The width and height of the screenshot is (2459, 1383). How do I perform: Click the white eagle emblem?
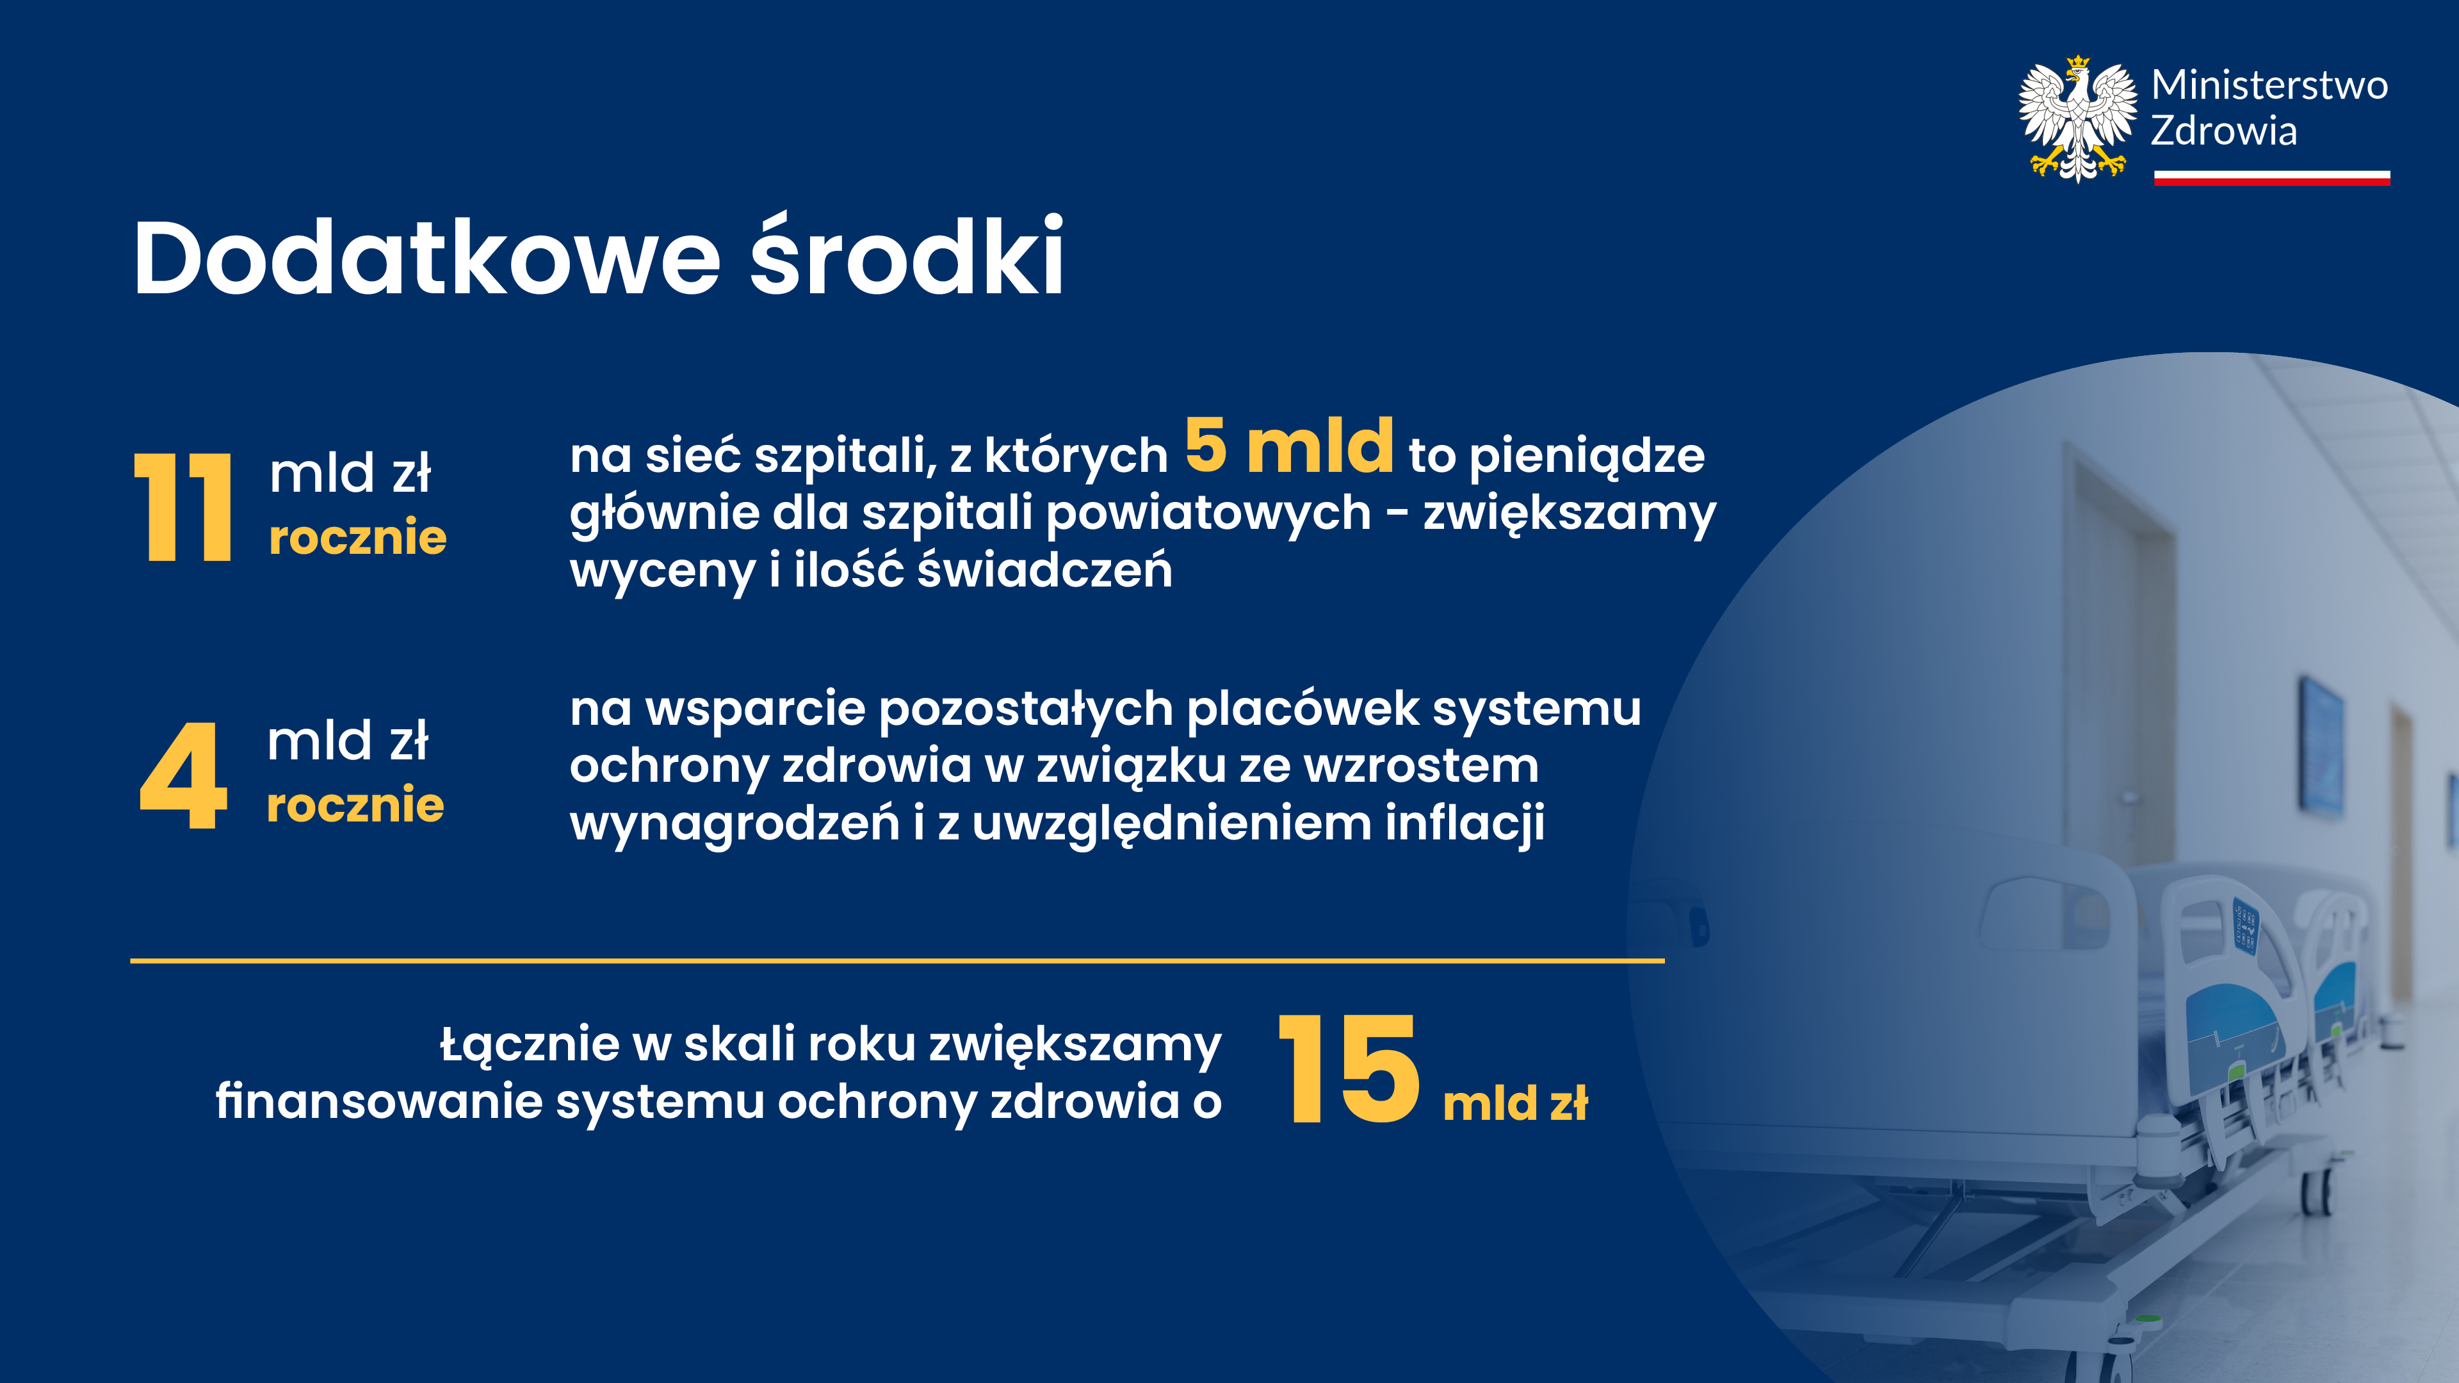tap(2077, 118)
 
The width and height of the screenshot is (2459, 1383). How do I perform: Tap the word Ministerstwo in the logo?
tap(2269, 85)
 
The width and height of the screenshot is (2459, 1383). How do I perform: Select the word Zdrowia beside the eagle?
tap(2223, 131)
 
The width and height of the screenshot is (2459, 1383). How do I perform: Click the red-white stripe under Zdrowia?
tap(2272, 177)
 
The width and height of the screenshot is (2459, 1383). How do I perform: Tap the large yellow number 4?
tap(183, 775)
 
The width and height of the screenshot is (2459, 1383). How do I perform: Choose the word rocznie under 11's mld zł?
tap(358, 537)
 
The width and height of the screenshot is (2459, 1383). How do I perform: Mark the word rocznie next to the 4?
tap(355, 805)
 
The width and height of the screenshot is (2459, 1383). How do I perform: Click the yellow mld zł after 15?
tap(1515, 1103)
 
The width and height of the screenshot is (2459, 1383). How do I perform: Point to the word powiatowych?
tap(1208, 514)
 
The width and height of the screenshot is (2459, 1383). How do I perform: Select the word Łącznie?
tap(530, 1045)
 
